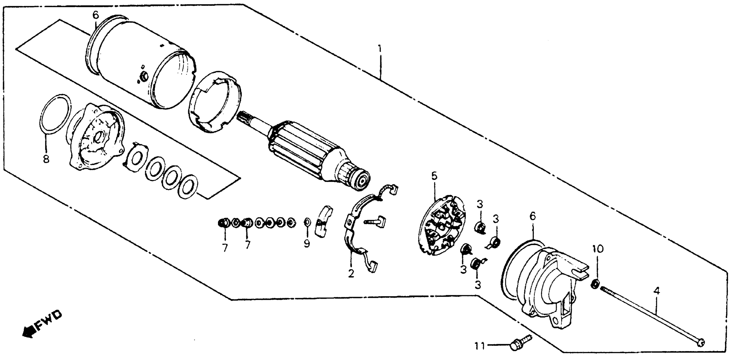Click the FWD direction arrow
(x=43, y=325)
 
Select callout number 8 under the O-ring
(x=46, y=159)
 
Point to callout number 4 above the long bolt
(x=656, y=291)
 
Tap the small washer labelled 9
(x=307, y=222)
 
